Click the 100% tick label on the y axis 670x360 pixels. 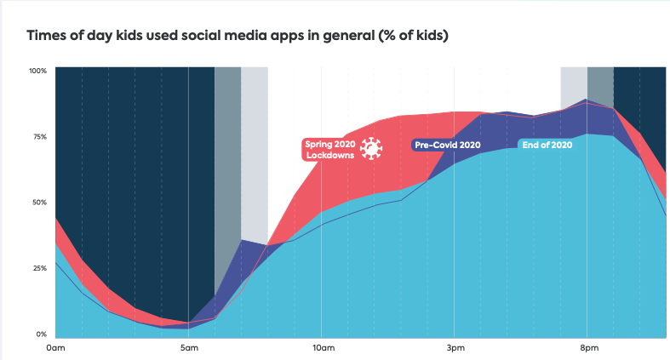pos(37,70)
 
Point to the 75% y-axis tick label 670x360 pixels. pos(39,136)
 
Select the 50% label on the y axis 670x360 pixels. pos(39,202)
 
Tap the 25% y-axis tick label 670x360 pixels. pos(39,268)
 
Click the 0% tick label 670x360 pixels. pos(41,334)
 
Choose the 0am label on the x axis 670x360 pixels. pos(55,348)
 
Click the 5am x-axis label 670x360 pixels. pos(189,348)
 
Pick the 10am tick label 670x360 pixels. pos(323,348)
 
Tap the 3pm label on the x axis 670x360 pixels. pos(455,348)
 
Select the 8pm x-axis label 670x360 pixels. pos(589,348)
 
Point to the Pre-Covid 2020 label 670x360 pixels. pos(448,145)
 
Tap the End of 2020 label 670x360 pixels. pos(547,145)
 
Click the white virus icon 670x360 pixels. pos(369,149)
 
